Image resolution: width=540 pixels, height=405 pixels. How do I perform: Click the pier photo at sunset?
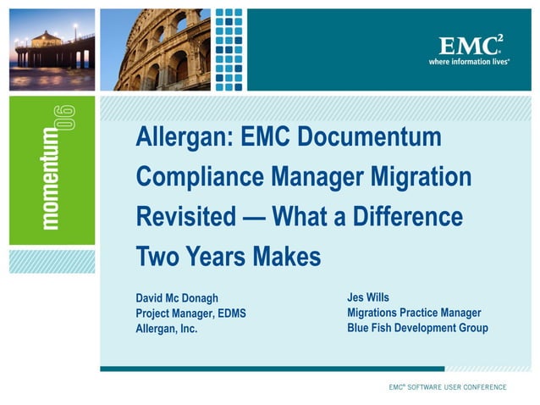[x=53, y=50]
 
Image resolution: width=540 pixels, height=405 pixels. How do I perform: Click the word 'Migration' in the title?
[x=420, y=177]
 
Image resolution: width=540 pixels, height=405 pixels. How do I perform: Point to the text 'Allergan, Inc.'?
[x=167, y=329]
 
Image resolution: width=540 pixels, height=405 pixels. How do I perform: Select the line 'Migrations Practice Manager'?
[x=414, y=313]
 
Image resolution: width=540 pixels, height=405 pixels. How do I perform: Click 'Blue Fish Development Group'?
[x=417, y=328]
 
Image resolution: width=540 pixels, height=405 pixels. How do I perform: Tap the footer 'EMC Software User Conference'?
[x=448, y=387]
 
